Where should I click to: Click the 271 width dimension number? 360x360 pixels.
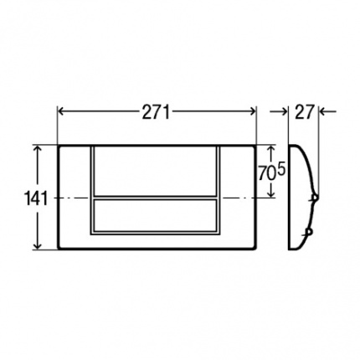pos(156,113)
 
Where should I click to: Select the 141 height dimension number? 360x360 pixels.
pos(37,198)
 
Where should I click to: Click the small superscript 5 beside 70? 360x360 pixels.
pos(281,170)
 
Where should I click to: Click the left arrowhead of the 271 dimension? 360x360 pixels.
pos(61,111)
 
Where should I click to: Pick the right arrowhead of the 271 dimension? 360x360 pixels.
pos(252,111)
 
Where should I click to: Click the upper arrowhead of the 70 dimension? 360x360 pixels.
pos(270,149)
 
